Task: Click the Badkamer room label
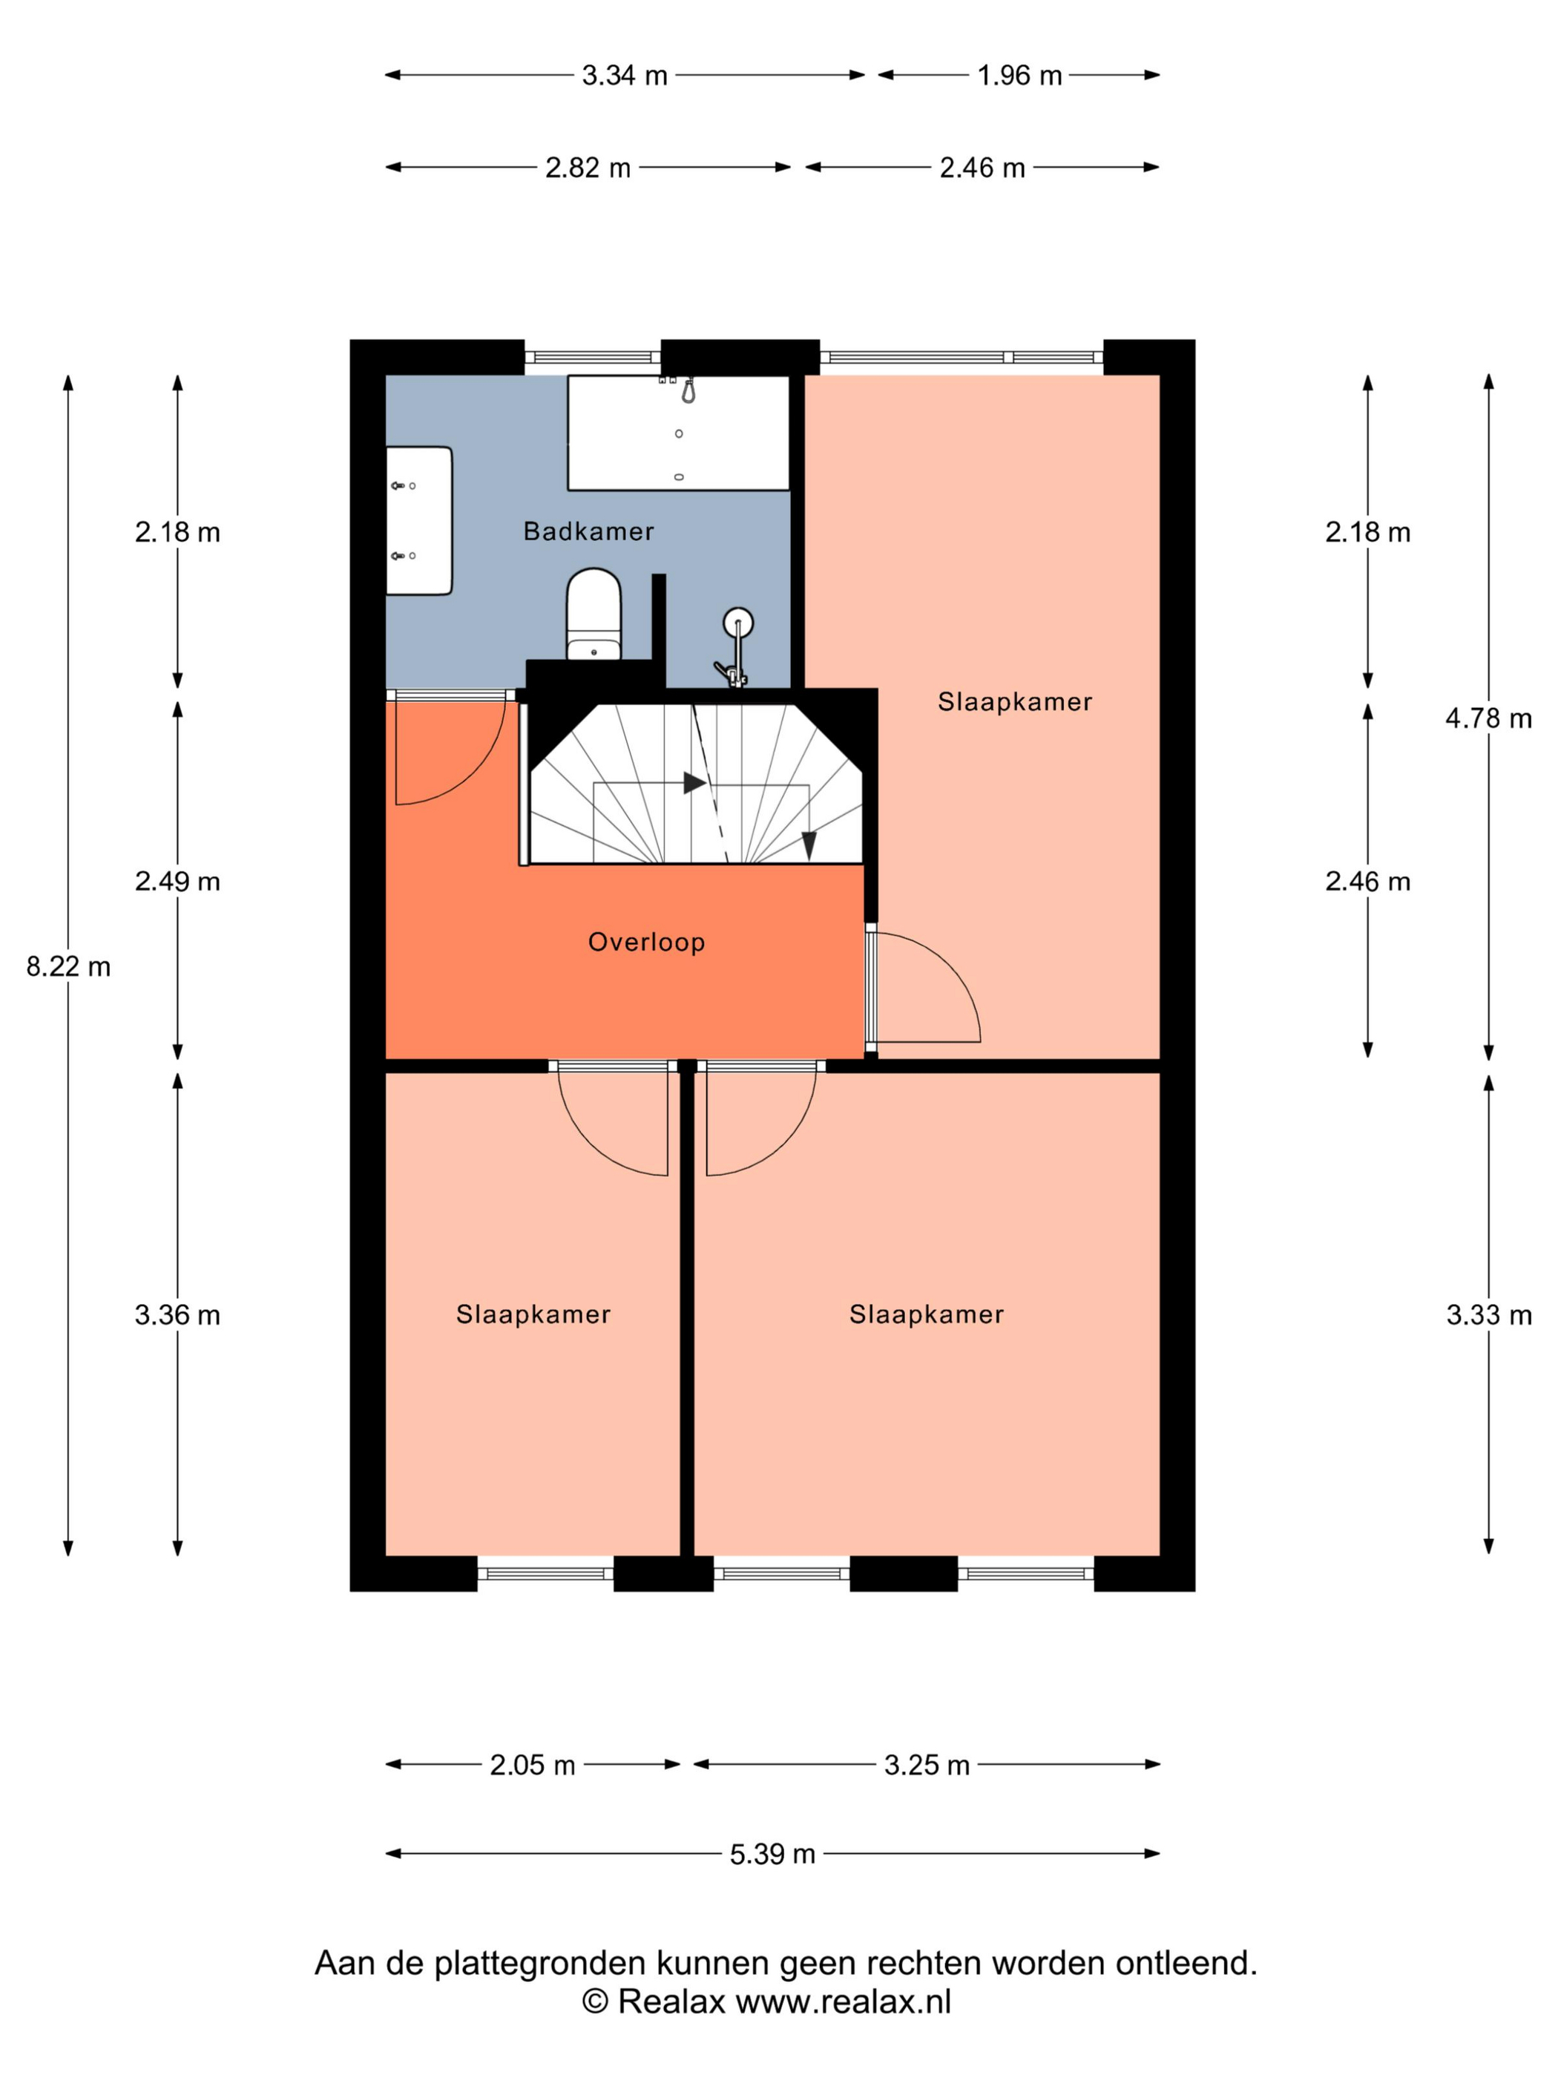[588, 531]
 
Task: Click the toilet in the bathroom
[594, 614]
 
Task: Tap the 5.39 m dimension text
[772, 1853]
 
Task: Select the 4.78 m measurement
[1488, 718]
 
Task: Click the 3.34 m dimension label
[625, 75]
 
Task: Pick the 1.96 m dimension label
[1019, 75]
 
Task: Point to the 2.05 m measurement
[533, 1764]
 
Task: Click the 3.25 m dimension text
[927, 1764]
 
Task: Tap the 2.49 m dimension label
[177, 881]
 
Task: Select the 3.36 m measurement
[177, 1314]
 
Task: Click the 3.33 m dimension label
[1488, 1314]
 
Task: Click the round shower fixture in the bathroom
[738, 622]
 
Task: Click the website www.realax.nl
[844, 2001]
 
